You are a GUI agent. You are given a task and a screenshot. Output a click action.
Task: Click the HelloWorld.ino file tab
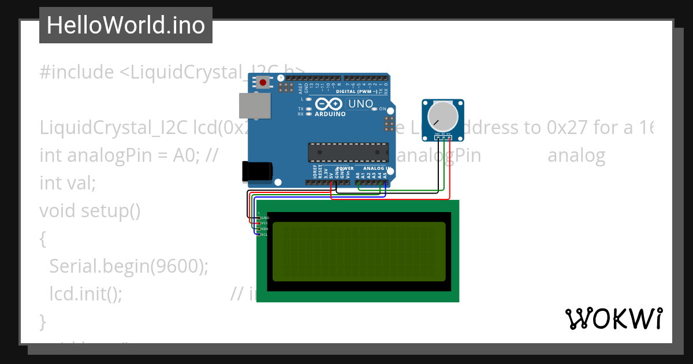125,25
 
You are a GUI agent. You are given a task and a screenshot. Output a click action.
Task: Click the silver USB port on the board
254,106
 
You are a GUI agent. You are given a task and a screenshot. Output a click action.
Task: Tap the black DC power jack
256,170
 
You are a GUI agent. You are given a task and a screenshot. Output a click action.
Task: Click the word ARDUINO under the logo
330,114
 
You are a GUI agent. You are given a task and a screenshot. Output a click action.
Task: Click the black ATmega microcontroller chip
348,152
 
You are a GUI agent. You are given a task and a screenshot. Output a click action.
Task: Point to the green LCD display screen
359,251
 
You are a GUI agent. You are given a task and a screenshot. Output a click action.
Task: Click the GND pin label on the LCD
265,218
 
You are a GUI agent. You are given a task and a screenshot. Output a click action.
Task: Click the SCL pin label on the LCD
264,235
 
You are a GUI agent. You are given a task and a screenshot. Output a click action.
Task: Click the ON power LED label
382,109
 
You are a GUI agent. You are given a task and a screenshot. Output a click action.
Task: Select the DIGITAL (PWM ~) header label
357,91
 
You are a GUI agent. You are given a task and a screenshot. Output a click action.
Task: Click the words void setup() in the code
90,211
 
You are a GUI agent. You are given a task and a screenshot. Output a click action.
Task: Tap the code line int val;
67,183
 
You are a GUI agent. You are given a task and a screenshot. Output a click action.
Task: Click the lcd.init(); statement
85,294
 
